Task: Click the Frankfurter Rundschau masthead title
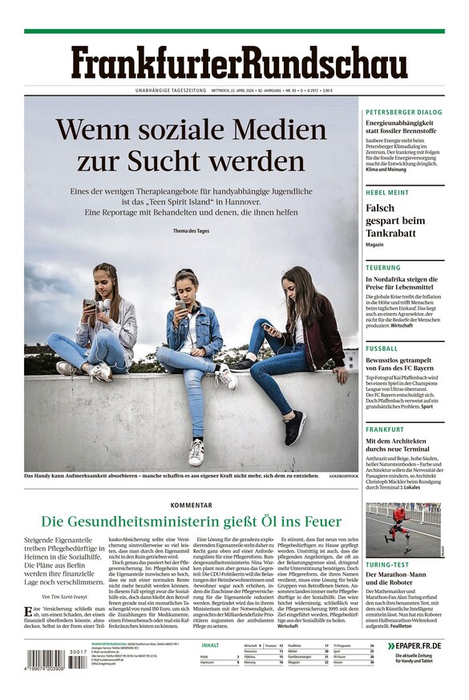pos(238,63)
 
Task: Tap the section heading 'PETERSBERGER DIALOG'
pos(403,112)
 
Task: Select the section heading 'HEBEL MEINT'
pos(387,193)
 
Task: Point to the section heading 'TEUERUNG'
pos(383,267)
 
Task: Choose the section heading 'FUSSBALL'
pos(382,349)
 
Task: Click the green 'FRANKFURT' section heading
pos(386,429)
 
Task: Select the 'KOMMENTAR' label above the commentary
pos(192,505)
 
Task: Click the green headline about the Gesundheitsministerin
pos(192,521)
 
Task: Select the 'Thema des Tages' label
pos(191,231)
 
